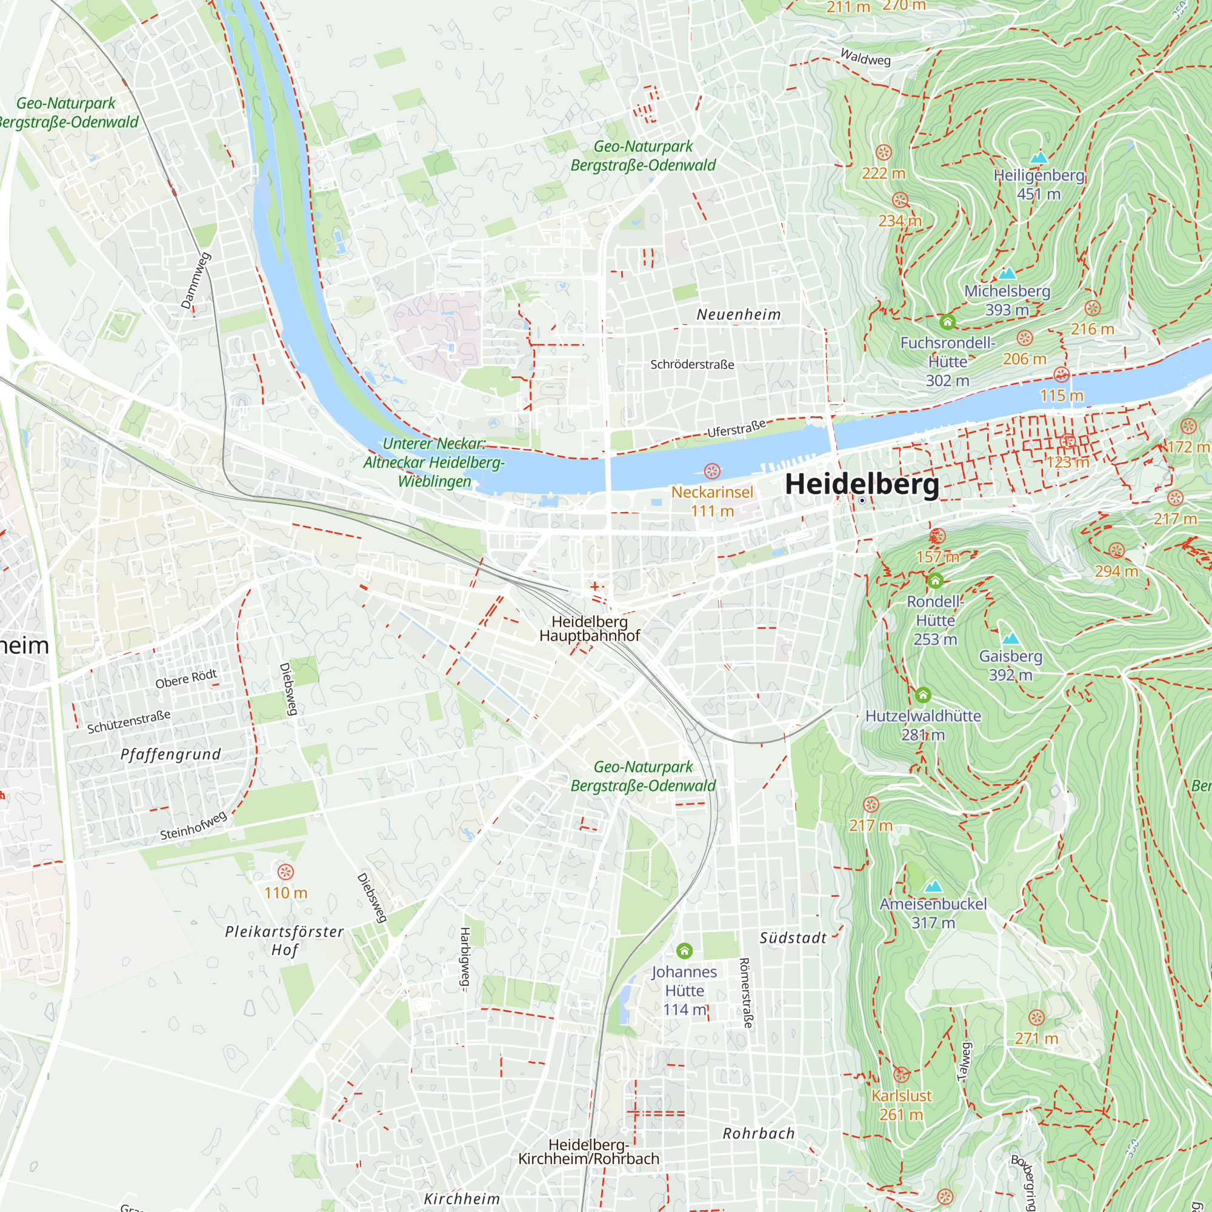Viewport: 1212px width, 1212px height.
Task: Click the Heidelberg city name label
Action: [862, 484]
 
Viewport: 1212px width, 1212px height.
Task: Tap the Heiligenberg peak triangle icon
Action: [1038, 157]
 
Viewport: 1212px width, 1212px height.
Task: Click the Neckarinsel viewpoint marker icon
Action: [712, 470]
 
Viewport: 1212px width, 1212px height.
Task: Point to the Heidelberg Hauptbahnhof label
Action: [589, 628]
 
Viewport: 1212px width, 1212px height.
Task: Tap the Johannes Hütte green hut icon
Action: [684, 950]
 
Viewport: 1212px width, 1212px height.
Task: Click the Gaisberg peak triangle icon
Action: [1010, 639]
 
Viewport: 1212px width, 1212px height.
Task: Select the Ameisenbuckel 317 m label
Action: [933, 913]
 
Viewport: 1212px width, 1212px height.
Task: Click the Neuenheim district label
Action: [739, 315]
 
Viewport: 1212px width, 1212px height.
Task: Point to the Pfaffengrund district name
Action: [171, 754]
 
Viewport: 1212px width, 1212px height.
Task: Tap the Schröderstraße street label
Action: [692, 364]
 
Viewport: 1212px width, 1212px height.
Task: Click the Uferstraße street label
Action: [736, 428]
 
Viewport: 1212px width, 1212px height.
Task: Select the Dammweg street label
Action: [196, 281]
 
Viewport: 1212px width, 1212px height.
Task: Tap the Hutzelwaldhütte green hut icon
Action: [923, 694]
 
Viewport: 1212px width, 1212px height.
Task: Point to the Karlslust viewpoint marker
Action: [901, 1074]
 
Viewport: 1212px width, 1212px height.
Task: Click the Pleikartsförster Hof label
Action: [284, 941]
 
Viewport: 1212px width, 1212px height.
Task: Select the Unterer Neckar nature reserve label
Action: [434, 462]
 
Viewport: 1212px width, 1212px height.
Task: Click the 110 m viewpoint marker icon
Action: [285, 872]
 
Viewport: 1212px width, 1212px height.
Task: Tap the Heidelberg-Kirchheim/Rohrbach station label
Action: [588, 1152]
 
